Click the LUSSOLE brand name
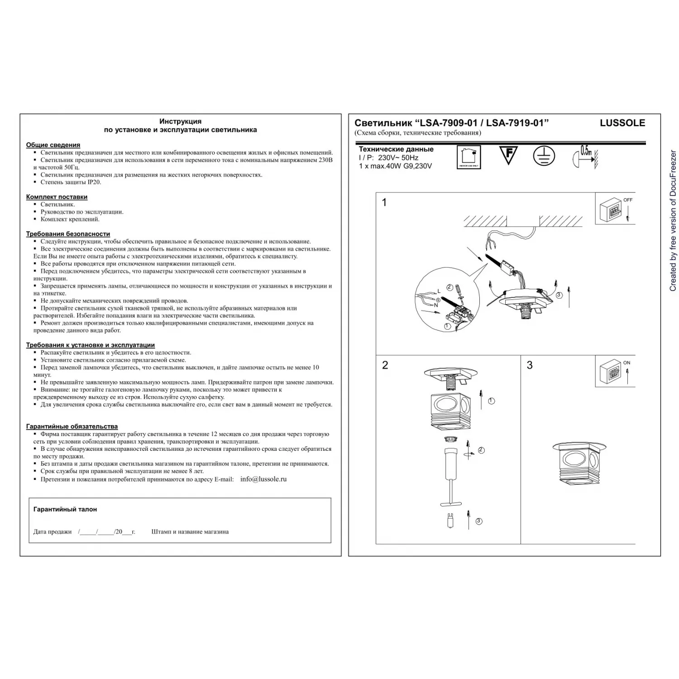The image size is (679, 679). (x=622, y=123)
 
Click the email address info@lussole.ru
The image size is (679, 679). (x=263, y=479)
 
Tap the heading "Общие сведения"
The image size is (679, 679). (x=53, y=145)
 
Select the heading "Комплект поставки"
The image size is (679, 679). (x=57, y=197)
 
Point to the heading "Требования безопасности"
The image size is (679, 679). (x=68, y=234)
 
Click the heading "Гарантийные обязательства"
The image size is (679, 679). (x=72, y=426)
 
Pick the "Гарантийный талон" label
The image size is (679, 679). (x=65, y=509)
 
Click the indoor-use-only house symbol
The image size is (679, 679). (x=469, y=157)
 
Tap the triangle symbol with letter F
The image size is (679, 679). (x=508, y=155)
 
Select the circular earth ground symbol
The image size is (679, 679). (x=544, y=156)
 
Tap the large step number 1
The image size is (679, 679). (x=384, y=202)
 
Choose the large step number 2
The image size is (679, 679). (x=385, y=365)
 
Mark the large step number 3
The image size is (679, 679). (x=530, y=365)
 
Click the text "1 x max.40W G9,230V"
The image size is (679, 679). (x=395, y=166)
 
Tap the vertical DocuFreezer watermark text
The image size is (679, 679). (x=673, y=220)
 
